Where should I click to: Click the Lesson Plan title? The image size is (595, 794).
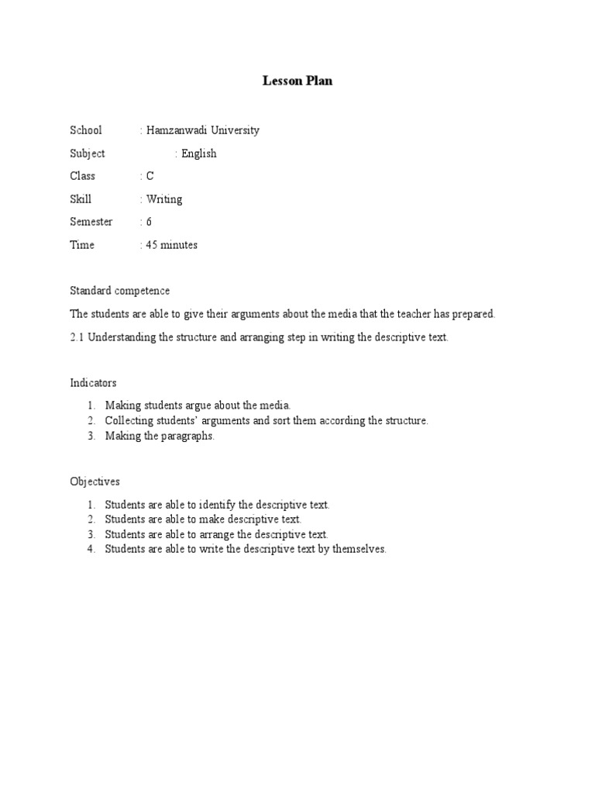click(297, 81)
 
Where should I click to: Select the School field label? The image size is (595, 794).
click(86, 130)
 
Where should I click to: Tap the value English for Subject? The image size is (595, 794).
click(199, 154)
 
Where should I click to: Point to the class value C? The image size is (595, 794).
click(150, 176)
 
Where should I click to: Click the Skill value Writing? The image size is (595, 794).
click(164, 199)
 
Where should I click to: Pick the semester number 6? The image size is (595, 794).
click(150, 222)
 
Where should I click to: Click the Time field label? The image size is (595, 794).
click(82, 245)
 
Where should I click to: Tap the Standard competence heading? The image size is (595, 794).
click(120, 291)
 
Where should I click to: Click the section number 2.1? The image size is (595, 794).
click(77, 338)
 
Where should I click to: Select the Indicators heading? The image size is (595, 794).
click(93, 383)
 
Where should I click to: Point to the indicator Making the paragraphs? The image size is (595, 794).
click(160, 436)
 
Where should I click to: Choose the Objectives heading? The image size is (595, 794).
click(95, 482)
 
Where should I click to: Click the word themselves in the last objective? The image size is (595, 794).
click(358, 550)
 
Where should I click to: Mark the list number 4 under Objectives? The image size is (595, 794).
click(90, 550)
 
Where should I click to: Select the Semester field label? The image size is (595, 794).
click(91, 222)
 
